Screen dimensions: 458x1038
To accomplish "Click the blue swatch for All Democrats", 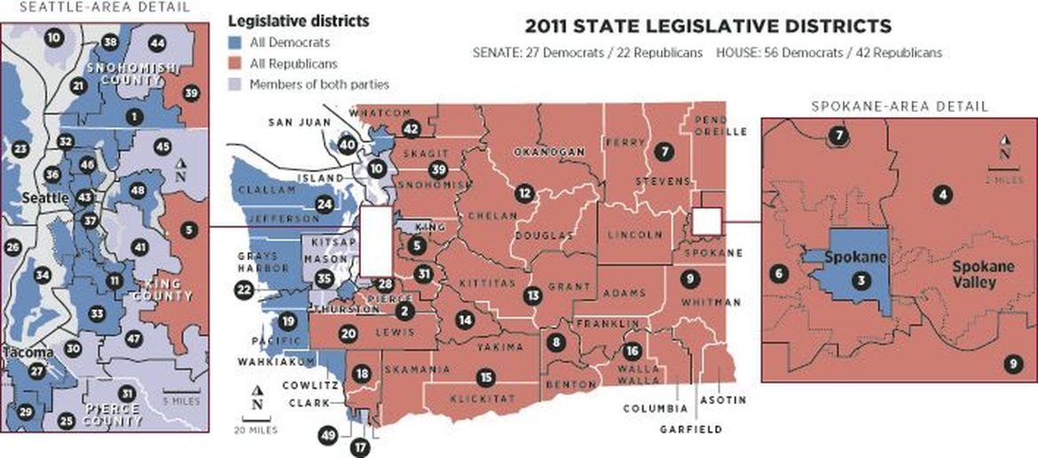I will [235, 43].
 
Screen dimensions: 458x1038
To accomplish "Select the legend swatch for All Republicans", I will [235, 64].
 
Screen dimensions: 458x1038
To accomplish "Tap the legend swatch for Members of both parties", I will [235, 84].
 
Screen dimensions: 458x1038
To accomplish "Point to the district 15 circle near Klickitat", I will [485, 378].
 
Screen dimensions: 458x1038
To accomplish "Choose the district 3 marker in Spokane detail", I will [861, 280].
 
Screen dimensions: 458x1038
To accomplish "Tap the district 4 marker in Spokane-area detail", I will [944, 193].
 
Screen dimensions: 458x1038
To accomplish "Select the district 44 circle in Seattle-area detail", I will [158, 43].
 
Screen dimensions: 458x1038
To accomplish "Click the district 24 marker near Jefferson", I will [326, 204].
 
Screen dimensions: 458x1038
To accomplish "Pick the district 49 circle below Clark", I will [328, 434].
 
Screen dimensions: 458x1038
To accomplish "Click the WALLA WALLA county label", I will [640, 374].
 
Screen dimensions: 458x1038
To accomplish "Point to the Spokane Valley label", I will [974, 275].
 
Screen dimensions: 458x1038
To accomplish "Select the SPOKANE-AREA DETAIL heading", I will [900, 107].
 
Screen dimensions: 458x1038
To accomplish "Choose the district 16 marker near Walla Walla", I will [632, 350].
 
